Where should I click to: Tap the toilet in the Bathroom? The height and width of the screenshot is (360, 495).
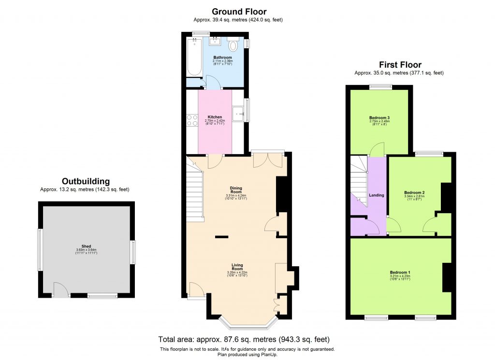pos(233,45)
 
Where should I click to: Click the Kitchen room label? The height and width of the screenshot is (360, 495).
pos(215,117)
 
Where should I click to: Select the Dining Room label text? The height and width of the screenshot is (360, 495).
pos(236,190)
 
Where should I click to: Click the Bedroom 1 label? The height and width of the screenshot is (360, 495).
pos(400,273)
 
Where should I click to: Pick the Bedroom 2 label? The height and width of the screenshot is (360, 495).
pos(414,193)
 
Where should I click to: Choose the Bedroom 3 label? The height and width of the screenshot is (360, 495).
pos(379,118)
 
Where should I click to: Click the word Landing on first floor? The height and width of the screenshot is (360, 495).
pos(377,195)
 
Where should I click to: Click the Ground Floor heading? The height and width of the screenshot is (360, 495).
pos(239,12)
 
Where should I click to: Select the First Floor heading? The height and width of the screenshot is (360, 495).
pos(400,65)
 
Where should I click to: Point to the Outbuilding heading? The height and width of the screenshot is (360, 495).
pos(85,181)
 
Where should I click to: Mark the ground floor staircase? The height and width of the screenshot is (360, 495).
pos(195,193)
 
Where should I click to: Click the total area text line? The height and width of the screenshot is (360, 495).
pos(244,339)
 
